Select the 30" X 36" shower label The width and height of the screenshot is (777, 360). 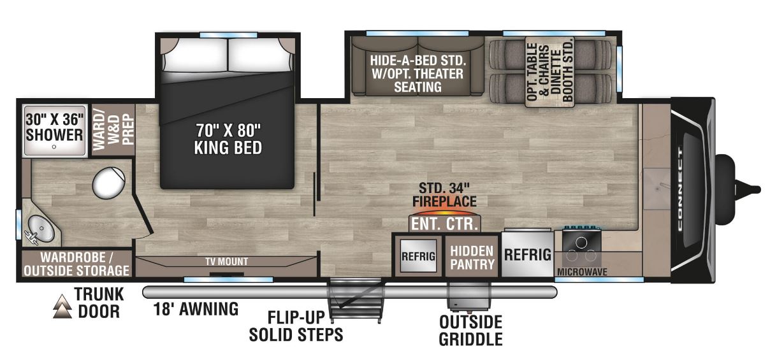click(x=54, y=127)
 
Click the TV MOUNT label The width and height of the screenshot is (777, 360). click(x=226, y=261)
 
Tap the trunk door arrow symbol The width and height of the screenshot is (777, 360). click(x=62, y=305)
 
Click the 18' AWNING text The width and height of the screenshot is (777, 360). click(x=196, y=310)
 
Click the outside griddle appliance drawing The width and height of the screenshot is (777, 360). click(x=468, y=295)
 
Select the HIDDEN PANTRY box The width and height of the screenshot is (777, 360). click(x=472, y=256)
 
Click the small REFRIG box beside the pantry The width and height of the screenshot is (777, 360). click(x=418, y=256)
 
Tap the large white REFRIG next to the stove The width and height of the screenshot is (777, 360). click(x=528, y=255)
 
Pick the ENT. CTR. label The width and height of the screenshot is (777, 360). click(x=445, y=224)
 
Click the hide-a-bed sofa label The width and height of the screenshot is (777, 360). click(x=418, y=73)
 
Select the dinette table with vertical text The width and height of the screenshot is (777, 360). click(x=550, y=70)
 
